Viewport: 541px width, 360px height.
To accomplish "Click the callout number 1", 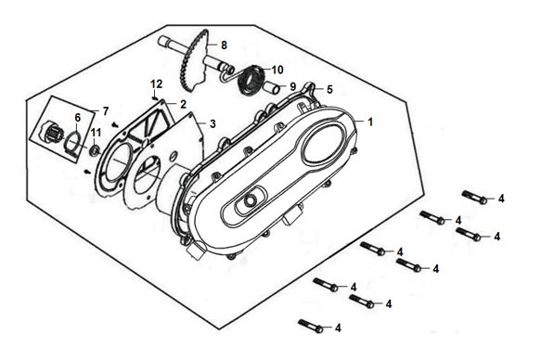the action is [370, 122].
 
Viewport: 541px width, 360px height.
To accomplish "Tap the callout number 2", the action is [183, 104].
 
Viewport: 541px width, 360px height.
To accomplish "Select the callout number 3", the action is [213, 123].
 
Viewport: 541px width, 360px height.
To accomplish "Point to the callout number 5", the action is [329, 90].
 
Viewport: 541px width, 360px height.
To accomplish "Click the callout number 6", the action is [78, 118].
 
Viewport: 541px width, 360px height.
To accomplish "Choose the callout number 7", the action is [105, 111].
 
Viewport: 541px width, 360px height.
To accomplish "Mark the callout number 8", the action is [224, 45].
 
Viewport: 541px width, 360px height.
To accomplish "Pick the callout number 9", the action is [293, 86].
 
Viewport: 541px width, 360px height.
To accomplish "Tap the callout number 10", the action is [277, 70].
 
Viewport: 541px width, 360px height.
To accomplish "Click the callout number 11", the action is [96, 133].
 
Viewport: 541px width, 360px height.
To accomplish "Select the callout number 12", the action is [156, 84].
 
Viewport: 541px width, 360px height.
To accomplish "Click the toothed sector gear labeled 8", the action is [196, 63].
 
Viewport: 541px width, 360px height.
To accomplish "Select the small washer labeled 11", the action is [94, 150].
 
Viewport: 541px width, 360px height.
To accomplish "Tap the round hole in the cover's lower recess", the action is [250, 199].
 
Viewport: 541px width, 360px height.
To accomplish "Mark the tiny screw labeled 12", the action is [155, 98].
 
